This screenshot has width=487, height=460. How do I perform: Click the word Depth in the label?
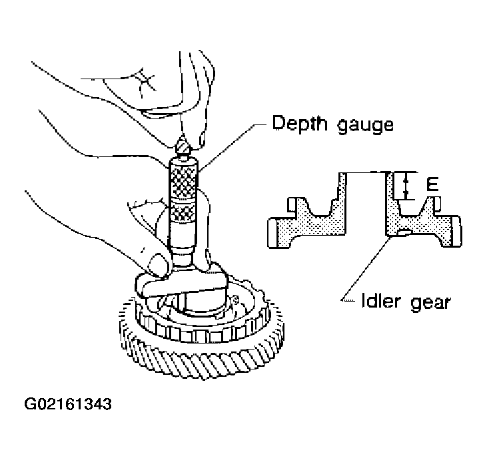tap(300, 124)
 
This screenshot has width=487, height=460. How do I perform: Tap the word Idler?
tap(380, 300)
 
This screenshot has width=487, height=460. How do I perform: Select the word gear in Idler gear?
tap(430, 302)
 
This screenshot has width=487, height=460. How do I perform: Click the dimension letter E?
tap(432, 184)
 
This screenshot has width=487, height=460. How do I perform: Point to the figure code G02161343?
tap(68, 404)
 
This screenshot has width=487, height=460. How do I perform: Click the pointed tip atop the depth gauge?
tap(183, 146)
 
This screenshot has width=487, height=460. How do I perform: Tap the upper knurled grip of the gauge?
tap(183, 182)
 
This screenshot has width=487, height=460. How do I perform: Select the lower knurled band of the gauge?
tap(183, 214)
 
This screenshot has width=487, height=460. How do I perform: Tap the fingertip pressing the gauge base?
tap(159, 264)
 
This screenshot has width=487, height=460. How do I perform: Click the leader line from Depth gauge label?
tap(233, 147)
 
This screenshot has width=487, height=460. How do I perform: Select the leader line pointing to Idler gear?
tap(365, 268)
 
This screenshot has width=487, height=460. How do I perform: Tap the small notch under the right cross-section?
tap(403, 232)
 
